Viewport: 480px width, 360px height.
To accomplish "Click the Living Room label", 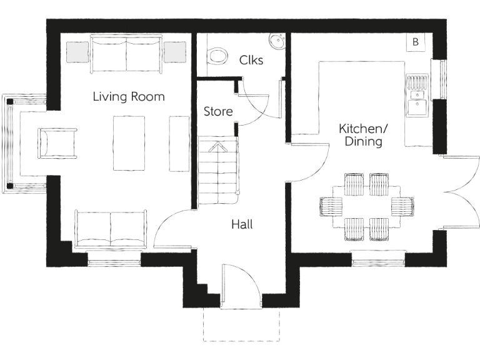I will [129, 97].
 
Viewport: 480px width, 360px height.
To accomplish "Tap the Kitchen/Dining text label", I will [363, 135].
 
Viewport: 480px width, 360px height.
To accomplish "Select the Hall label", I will [242, 224].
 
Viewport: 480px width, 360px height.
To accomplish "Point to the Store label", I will [218, 112].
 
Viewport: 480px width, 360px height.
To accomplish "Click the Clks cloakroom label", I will [251, 61].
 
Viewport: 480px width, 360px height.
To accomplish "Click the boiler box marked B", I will [415, 42].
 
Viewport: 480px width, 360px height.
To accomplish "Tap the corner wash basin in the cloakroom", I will [277, 41].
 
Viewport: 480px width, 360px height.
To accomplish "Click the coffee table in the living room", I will [129, 143].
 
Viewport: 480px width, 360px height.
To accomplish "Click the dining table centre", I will [367, 206].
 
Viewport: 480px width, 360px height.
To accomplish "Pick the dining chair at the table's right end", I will [402, 206].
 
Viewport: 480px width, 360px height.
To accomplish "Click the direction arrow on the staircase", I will [218, 148].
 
